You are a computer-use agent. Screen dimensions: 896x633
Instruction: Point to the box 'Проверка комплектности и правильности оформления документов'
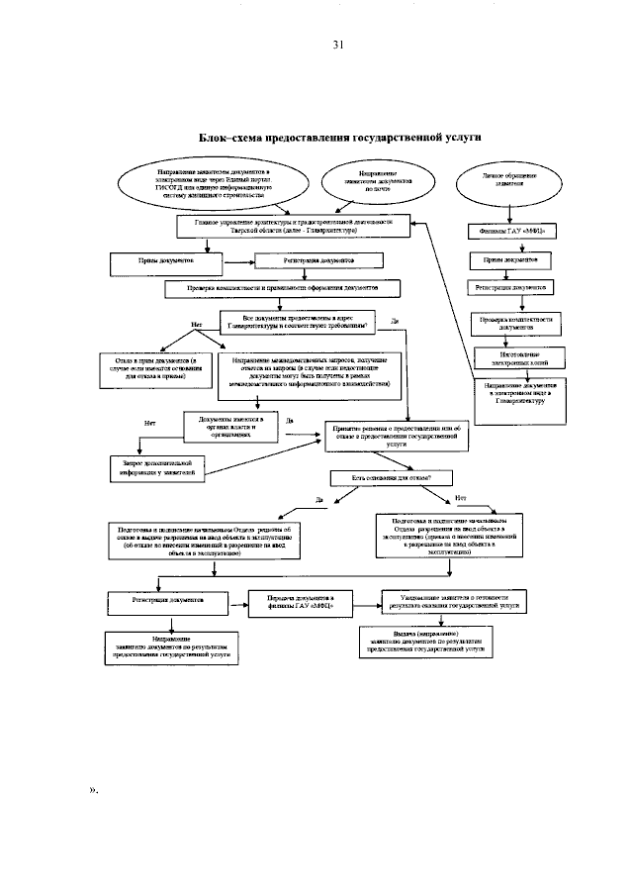pyautogui.click(x=283, y=289)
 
